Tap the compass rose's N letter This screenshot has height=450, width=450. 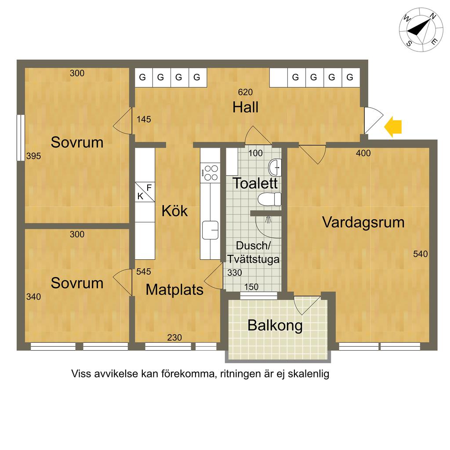click(432, 17)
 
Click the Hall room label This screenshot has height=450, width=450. click(245, 107)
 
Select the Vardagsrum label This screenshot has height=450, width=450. click(363, 222)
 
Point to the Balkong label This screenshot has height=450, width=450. click(275, 326)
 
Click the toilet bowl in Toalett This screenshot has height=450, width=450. click(269, 199)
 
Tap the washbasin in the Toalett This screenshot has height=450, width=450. click(275, 167)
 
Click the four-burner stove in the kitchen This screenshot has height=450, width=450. click(210, 173)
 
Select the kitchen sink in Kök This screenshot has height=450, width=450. click(210, 230)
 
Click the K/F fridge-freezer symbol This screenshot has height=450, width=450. click(145, 192)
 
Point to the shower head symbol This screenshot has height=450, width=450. click(268, 220)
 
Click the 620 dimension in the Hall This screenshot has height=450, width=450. click(245, 92)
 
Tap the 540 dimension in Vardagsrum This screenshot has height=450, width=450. click(421, 254)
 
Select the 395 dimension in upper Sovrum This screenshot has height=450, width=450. click(33, 156)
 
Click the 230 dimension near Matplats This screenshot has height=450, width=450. click(174, 337)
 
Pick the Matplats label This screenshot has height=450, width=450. click(174, 290)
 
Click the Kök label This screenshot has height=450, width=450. click(174, 211)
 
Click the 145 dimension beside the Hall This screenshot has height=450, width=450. click(144, 120)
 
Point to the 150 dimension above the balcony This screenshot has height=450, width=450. click(251, 287)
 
